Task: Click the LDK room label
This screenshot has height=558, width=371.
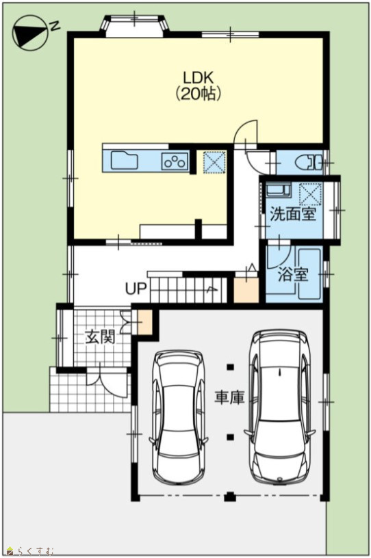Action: (x=198, y=77)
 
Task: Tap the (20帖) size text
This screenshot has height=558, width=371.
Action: (x=198, y=94)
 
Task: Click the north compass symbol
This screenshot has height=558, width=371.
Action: (x=31, y=32)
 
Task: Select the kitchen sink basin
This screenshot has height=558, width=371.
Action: (x=124, y=161)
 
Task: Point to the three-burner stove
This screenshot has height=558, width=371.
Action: (x=175, y=161)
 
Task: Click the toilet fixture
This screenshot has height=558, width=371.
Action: (x=309, y=163)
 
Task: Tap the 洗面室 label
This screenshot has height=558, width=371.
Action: (x=292, y=214)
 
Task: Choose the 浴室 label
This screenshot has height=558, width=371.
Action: (x=292, y=275)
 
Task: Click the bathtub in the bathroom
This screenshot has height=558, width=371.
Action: (x=309, y=274)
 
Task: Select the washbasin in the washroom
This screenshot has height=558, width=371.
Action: (x=279, y=190)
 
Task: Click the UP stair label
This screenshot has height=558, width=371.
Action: (x=136, y=289)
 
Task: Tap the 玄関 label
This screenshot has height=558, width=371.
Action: (x=100, y=337)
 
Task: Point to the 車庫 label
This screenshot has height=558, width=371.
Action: (x=229, y=397)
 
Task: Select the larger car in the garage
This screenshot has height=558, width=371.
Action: (x=280, y=389)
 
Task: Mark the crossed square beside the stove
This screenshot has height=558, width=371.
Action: (x=214, y=163)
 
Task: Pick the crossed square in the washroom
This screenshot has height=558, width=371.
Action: (x=310, y=194)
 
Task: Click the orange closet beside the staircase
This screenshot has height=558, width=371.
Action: (x=246, y=290)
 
